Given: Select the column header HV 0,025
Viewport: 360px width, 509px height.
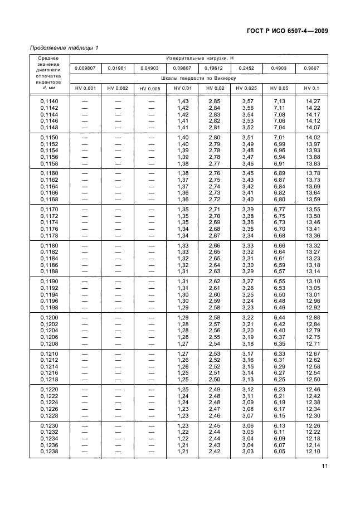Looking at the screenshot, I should click(246, 89).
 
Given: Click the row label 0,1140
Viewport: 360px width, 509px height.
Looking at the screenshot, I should click(50, 101).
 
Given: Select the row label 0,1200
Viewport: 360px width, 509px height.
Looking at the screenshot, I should click(50, 317).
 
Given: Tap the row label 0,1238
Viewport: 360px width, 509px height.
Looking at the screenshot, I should click(50, 452).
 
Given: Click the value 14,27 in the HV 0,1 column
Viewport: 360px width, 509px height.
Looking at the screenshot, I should click(313, 101).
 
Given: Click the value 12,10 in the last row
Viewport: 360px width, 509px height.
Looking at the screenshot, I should click(313, 452).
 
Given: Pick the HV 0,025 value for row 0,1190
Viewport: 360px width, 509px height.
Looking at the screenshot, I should click(246, 281).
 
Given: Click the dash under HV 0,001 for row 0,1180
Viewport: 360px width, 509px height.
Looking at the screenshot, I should click(85, 245).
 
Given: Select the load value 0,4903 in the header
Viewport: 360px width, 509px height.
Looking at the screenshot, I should click(278, 68).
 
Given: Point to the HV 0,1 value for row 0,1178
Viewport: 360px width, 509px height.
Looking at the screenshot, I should click(313, 236).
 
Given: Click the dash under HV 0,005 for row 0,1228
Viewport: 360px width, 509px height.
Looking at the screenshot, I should click(150, 416).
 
